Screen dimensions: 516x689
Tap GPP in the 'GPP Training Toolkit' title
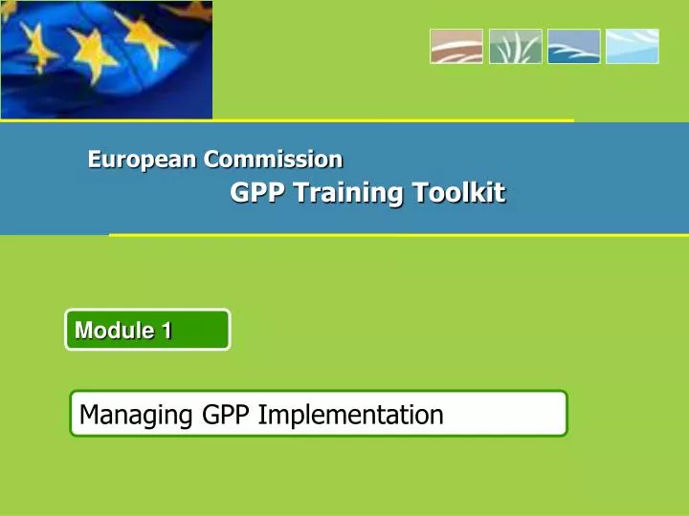tap(257, 193)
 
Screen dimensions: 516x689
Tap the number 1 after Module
tap(167, 331)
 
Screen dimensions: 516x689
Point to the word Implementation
tap(351, 415)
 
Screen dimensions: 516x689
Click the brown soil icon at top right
tap(456, 46)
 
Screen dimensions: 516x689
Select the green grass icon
tap(515, 46)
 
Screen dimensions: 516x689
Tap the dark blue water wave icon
tap(574, 46)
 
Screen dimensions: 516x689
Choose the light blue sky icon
tap(633, 46)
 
